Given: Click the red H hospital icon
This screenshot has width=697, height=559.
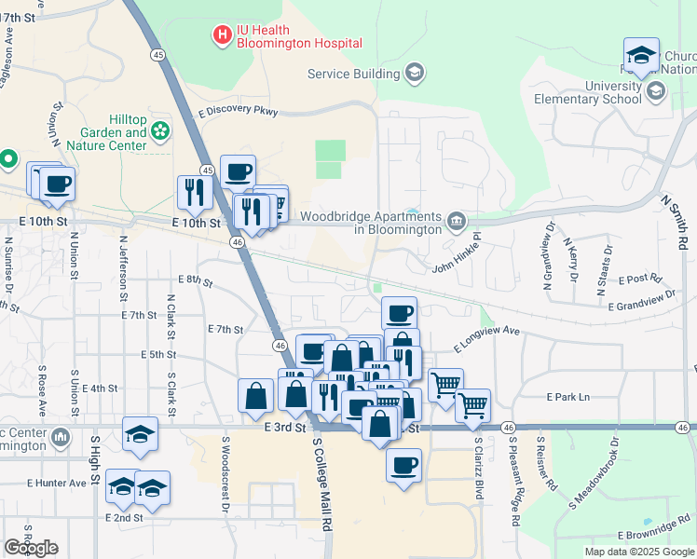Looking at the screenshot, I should pos(223,35).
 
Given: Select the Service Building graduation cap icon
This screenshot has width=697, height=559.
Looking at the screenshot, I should pos(415,73).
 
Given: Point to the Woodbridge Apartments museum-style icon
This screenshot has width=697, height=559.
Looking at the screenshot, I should pos(457,221).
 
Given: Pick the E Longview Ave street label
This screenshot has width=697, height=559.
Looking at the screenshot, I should pos(485,338).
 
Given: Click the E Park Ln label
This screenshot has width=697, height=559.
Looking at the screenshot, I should pos(568,397).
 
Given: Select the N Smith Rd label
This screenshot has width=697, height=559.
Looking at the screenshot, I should pos(674,222).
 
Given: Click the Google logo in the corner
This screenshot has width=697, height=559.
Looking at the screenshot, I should pos(31,548).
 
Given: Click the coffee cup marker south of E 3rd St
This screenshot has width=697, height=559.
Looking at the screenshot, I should pos(403,465).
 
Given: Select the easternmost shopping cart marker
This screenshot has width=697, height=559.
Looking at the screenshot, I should pos(473,405).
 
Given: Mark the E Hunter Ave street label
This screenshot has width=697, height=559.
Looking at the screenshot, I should pos(56,483).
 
